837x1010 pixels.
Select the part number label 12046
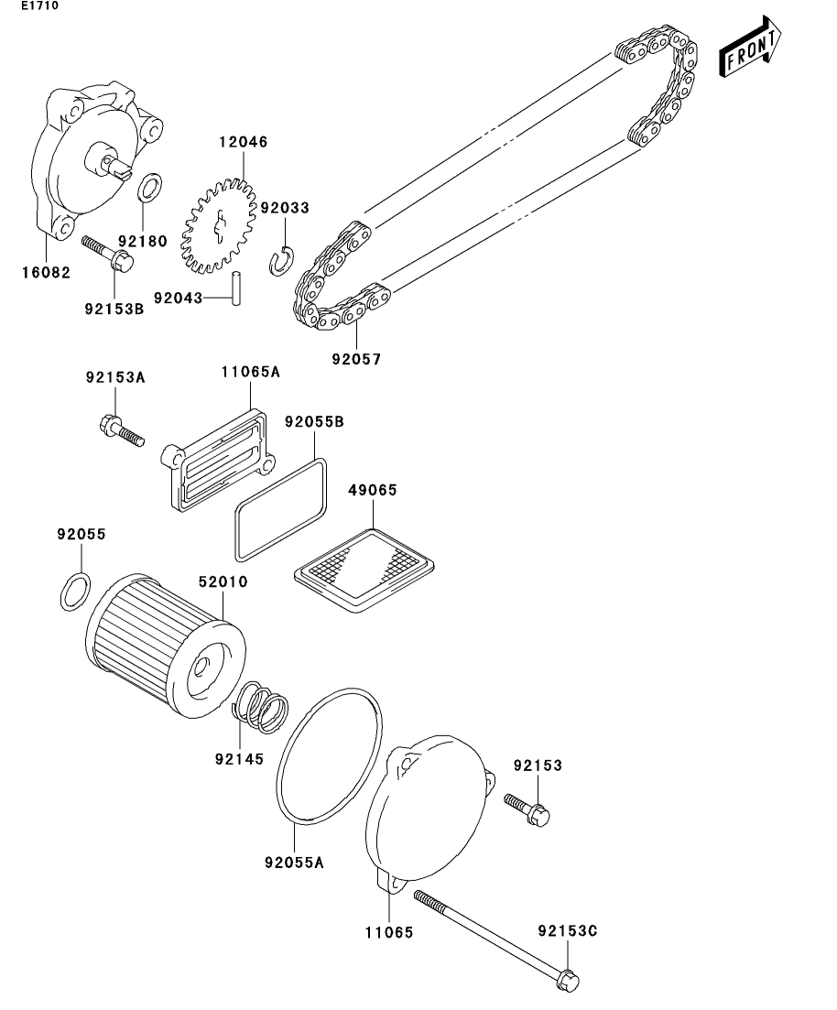[243, 142]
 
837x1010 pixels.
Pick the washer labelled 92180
[149, 190]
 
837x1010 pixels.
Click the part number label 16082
[47, 272]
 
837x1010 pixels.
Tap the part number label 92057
[356, 360]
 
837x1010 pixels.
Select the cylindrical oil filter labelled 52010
[165, 646]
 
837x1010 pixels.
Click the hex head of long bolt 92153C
[566, 980]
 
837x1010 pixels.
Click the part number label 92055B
[314, 423]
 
